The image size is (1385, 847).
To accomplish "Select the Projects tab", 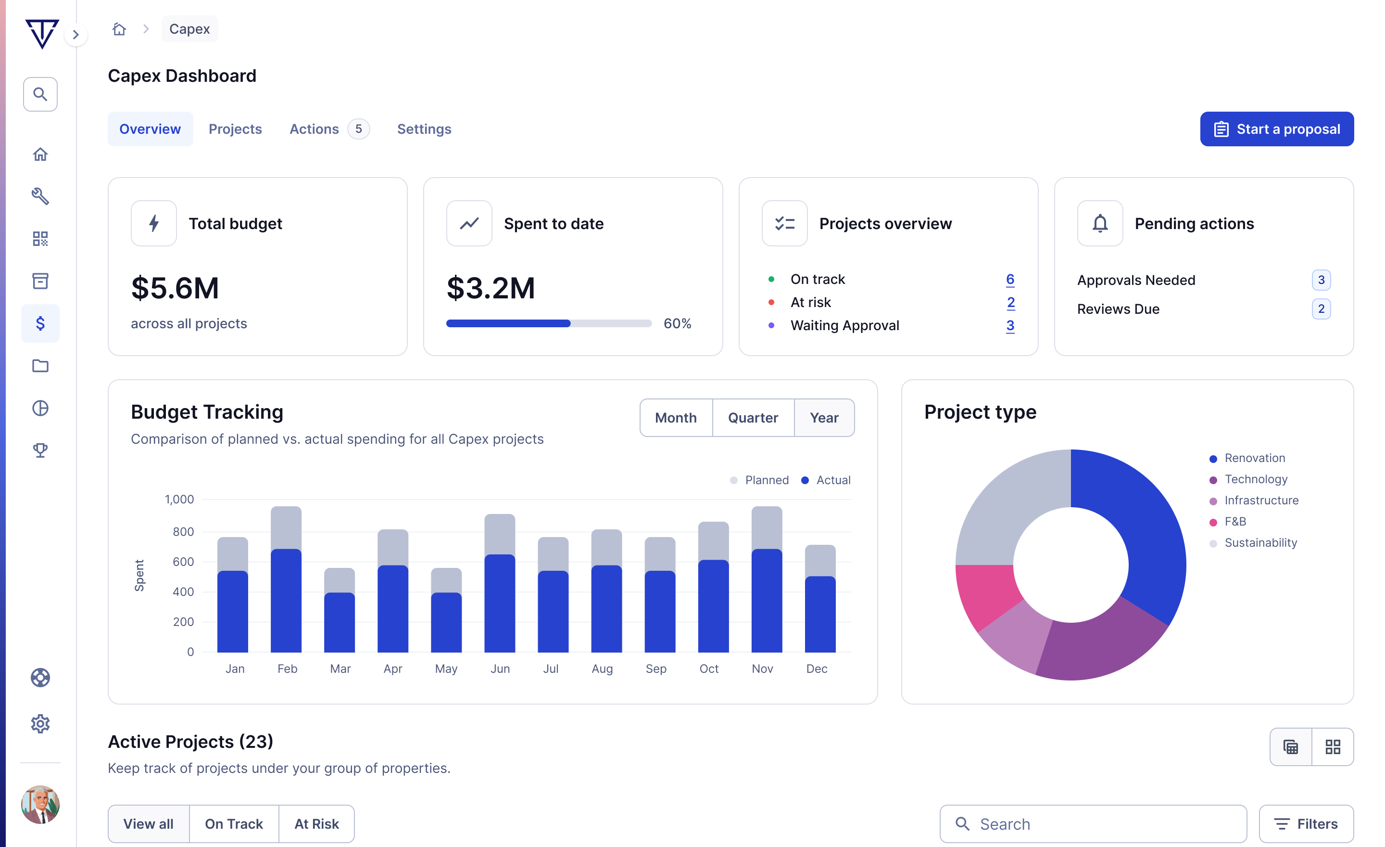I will tap(235, 129).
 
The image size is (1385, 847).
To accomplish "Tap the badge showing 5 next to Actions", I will tap(358, 129).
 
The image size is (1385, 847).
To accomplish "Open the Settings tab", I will tap(424, 129).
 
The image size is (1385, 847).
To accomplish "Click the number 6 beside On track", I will tap(1009, 279).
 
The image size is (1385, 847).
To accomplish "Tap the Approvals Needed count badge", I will tap(1321, 280).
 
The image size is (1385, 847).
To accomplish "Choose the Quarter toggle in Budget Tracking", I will tap(753, 417).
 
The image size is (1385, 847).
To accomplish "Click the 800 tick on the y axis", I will tap(183, 531).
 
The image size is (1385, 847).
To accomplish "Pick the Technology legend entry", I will tap(1255, 479).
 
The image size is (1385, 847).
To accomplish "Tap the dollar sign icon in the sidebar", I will tap(40, 323).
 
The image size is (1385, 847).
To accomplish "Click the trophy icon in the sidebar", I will tap(40, 450).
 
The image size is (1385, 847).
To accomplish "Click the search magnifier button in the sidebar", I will tap(40, 94).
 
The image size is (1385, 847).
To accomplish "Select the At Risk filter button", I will tap(316, 823).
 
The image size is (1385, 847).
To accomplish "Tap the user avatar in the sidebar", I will tap(40, 804).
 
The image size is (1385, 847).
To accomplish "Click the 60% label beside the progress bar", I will tap(677, 323).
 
